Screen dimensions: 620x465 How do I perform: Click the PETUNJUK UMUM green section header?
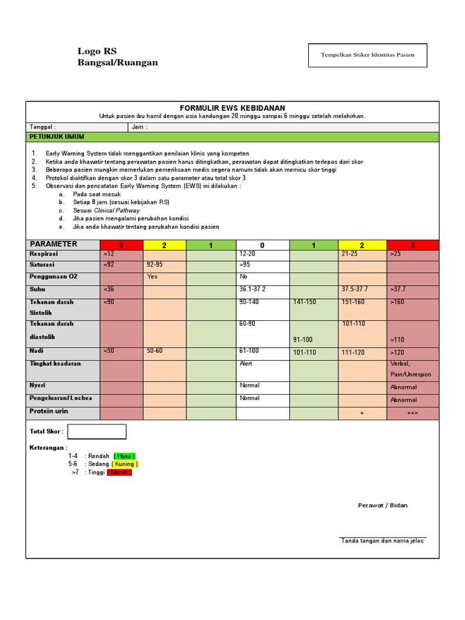click(x=54, y=137)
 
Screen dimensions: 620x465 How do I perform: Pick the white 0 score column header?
click(x=262, y=245)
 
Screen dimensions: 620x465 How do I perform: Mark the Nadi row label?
click(x=36, y=351)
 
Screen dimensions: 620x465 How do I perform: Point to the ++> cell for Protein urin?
click(x=413, y=413)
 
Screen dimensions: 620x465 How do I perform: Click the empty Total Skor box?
click(x=97, y=431)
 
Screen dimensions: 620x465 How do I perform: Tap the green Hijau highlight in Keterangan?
click(x=124, y=456)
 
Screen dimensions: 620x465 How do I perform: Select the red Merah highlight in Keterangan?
click(x=119, y=472)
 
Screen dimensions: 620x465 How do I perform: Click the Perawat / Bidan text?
click(x=383, y=505)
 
